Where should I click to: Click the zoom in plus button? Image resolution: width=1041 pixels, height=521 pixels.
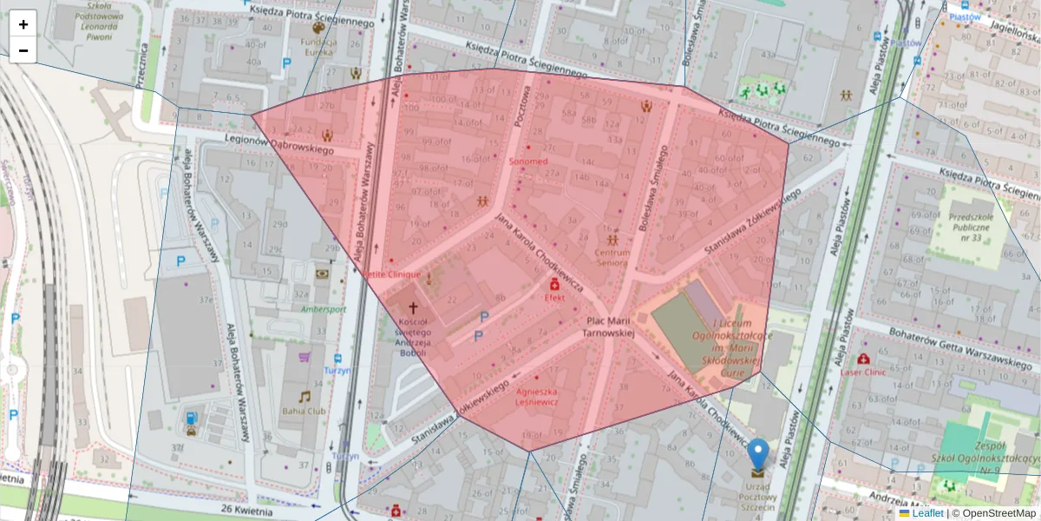(x=23, y=24)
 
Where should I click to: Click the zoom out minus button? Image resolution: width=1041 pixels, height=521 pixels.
(x=23, y=50)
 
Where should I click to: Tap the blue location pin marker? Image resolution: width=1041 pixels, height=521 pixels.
(x=758, y=453)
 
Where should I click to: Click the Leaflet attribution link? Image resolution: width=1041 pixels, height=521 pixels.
(x=927, y=513)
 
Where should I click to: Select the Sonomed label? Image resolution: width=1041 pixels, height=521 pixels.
(x=527, y=162)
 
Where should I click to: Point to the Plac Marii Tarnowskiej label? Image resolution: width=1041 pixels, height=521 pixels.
(x=608, y=326)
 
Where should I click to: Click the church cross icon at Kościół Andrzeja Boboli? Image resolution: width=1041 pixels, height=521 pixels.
(x=413, y=307)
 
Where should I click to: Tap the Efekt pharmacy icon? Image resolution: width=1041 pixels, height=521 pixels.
(x=554, y=284)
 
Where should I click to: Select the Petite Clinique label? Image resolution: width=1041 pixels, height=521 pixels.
(x=391, y=274)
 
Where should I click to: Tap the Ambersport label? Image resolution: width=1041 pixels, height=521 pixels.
(x=324, y=308)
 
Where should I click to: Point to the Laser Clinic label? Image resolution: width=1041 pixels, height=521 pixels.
(x=863, y=372)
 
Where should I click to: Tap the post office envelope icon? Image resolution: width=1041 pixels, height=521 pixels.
(x=758, y=473)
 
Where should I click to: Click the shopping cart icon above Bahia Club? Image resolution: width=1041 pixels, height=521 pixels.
(x=304, y=357)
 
